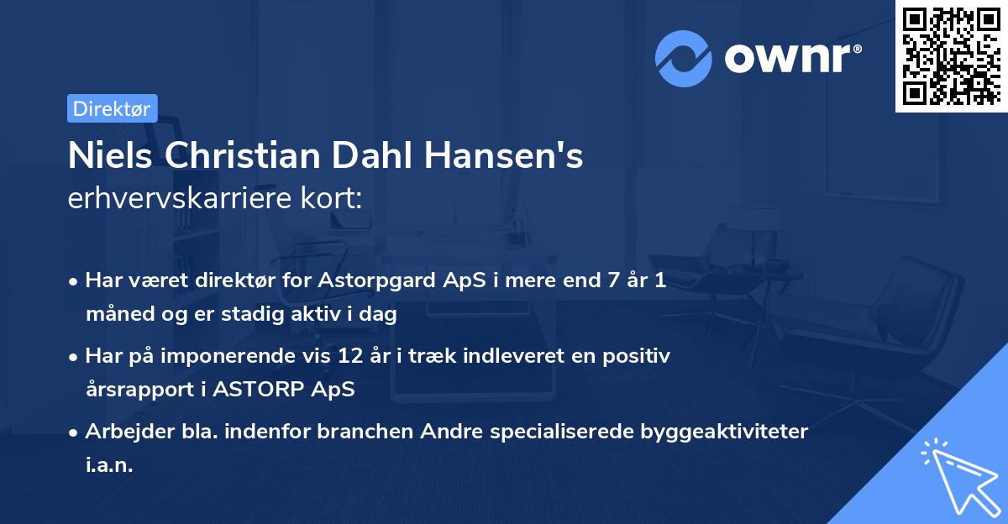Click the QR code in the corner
pyautogui.click(x=951, y=56)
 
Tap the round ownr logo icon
pyautogui.click(x=684, y=58)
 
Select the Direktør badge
pyautogui.click(x=112, y=108)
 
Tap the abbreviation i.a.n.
pyautogui.click(x=109, y=465)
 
